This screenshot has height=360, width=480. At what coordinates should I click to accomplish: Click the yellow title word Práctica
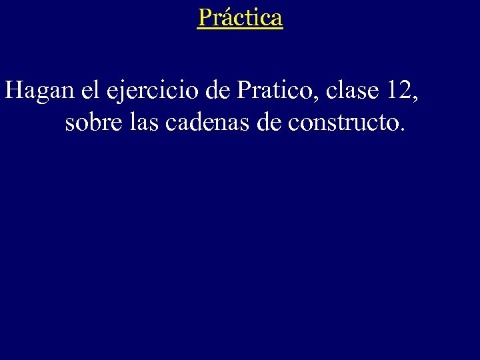click(x=240, y=17)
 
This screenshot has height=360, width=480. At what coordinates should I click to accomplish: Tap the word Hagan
click(x=40, y=91)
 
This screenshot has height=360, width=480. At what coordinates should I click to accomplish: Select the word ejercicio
click(x=154, y=91)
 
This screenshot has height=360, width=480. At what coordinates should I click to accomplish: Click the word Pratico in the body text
click(x=276, y=91)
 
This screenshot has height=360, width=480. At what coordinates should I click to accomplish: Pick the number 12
click(x=397, y=91)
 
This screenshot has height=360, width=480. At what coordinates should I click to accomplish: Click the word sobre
click(x=91, y=123)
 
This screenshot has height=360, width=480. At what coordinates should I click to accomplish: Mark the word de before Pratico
click(x=217, y=91)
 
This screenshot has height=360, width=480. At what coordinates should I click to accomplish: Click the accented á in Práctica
click(x=223, y=17)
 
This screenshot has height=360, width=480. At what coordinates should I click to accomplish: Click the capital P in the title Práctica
click(x=204, y=17)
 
